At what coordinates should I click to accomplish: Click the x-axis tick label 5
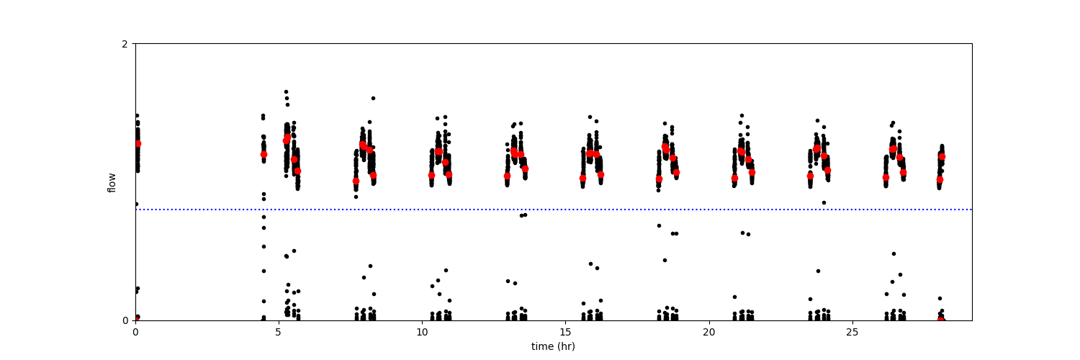(x=279, y=332)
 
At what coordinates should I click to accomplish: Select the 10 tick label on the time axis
(x=422, y=332)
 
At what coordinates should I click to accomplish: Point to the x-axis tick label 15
(x=565, y=332)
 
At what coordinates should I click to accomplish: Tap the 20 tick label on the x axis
(x=709, y=332)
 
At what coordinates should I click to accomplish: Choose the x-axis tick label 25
(x=852, y=332)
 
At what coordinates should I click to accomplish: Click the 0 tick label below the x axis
(x=135, y=332)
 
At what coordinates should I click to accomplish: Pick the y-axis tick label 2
(x=125, y=44)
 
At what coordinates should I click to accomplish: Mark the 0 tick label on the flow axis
(x=125, y=320)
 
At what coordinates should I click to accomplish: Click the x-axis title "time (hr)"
(x=553, y=346)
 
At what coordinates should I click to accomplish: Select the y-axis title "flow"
(x=112, y=182)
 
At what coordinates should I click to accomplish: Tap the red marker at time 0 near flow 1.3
(x=138, y=144)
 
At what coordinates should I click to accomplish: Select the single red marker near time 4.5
(x=264, y=154)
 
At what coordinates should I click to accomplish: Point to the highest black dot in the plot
(x=286, y=92)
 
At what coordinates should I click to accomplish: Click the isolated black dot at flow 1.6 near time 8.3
(x=373, y=98)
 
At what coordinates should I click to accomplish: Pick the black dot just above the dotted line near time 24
(x=824, y=202)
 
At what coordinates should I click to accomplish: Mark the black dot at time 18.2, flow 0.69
(x=659, y=225)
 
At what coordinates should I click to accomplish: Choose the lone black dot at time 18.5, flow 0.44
(x=665, y=260)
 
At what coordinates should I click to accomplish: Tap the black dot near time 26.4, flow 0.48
(x=894, y=253)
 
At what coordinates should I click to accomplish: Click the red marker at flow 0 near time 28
(x=941, y=320)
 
